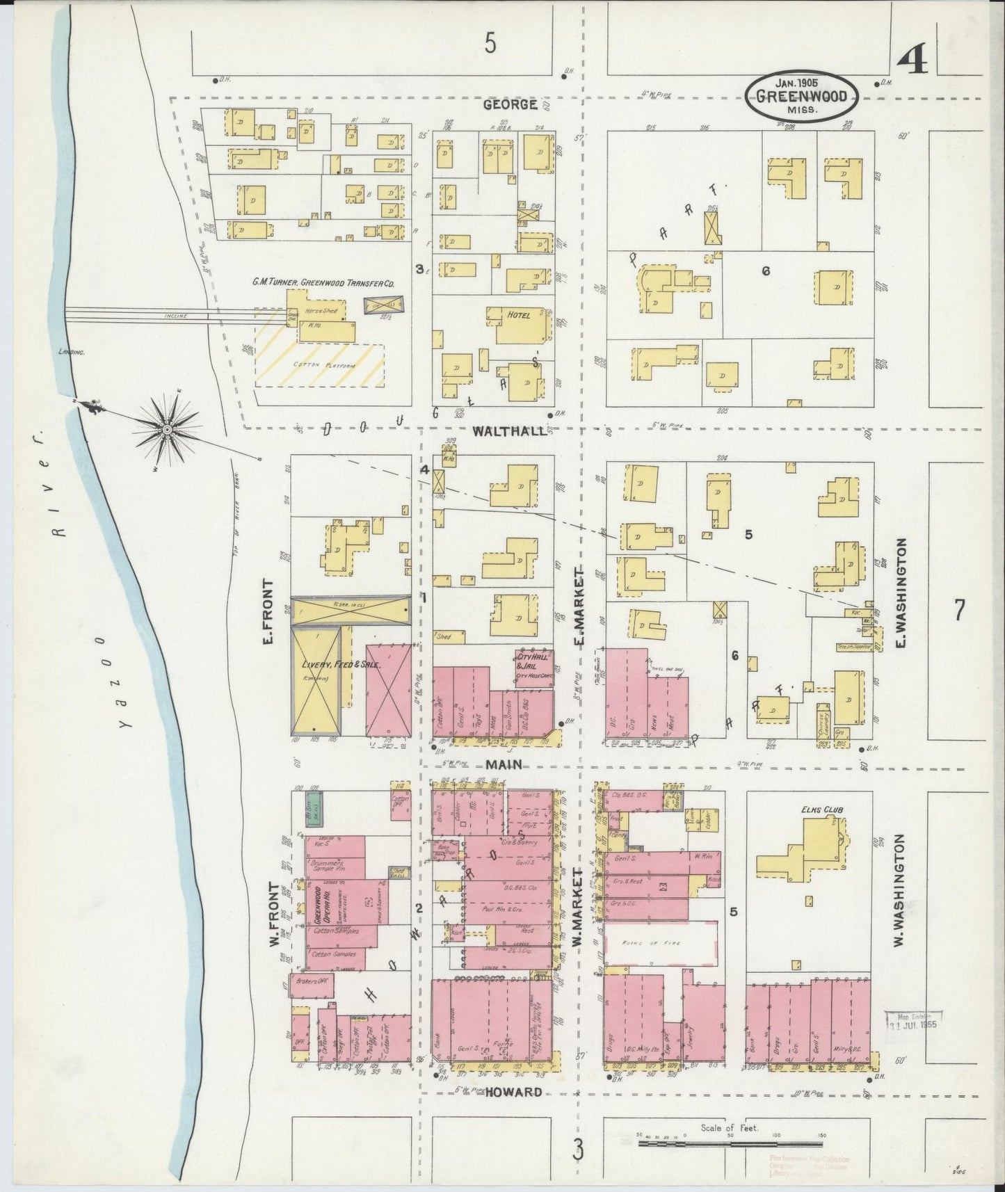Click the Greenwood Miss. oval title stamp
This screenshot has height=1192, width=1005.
(802, 95)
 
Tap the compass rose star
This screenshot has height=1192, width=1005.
(167, 431)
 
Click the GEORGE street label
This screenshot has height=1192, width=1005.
(510, 105)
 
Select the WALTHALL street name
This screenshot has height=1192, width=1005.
(510, 431)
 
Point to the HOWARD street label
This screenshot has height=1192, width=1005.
(514, 1092)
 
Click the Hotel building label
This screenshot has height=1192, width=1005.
(518, 315)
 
